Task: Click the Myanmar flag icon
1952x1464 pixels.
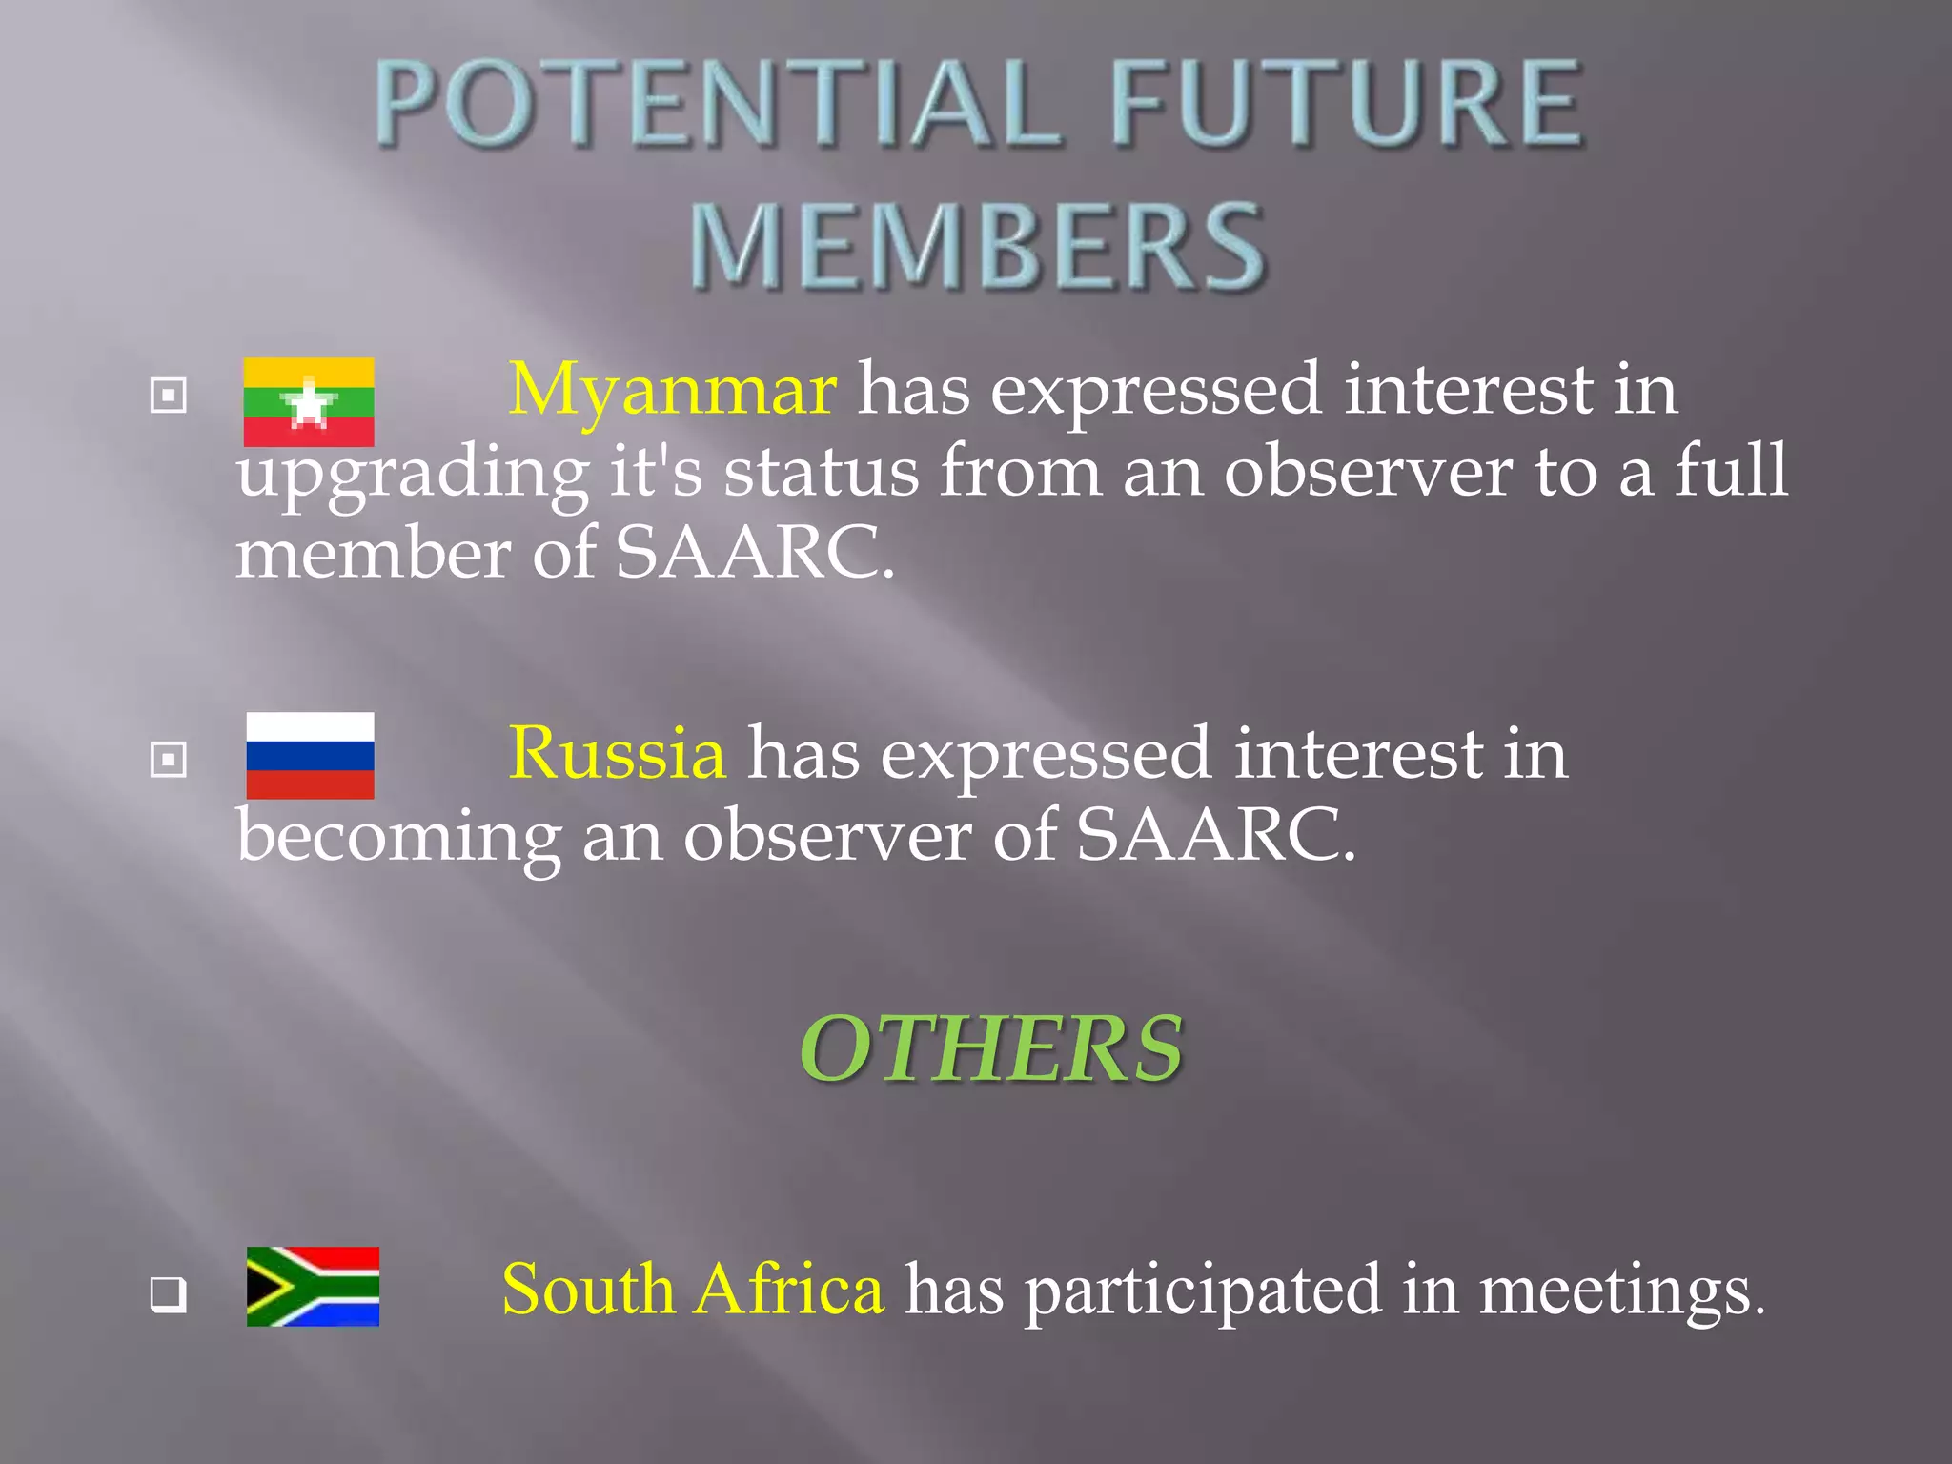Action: (x=309, y=402)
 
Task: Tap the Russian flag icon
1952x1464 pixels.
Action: (x=310, y=755)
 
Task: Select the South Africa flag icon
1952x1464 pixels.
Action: (x=313, y=1286)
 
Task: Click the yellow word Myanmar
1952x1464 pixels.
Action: (x=673, y=390)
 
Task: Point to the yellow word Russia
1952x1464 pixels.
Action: (x=617, y=753)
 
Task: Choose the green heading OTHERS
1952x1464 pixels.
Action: (x=991, y=1048)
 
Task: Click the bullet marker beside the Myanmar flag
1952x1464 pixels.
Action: (x=169, y=395)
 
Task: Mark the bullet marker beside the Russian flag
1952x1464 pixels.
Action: (x=169, y=760)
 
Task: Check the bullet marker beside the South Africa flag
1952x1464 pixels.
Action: (x=169, y=1294)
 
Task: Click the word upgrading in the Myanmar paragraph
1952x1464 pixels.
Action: (x=413, y=474)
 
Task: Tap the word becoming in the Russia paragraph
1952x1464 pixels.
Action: (x=398, y=837)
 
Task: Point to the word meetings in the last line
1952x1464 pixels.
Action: (x=1620, y=1291)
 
